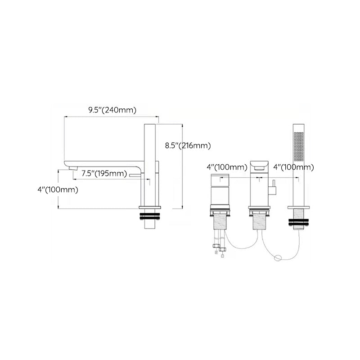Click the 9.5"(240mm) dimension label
tap(112, 110)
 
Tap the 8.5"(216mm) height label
tap(188, 145)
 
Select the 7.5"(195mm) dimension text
tap(104, 174)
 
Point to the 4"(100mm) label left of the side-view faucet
tap(58, 189)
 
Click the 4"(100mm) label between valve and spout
tap(227, 167)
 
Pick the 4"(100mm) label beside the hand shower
tap(293, 167)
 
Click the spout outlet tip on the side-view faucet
tap(70, 168)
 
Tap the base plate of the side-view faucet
tap(150, 207)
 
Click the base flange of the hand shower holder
tap(298, 207)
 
